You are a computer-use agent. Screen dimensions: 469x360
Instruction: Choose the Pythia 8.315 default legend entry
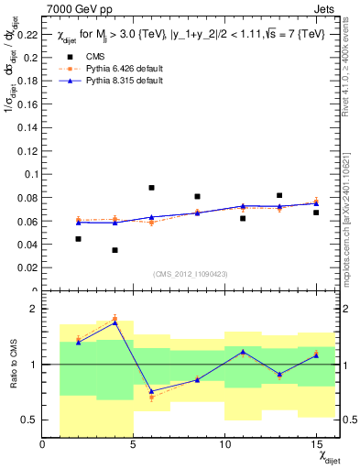pyautogui.click(x=110, y=81)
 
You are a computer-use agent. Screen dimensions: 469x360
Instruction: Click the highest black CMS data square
pyautogui.click(x=151, y=188)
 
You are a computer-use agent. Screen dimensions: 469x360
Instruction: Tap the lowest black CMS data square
pyautogui.click(x=115, y=250)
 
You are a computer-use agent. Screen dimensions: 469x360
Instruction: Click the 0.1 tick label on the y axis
pyautogui.click(x=28, y=174)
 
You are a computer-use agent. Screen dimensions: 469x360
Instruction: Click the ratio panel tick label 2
pyautogui.click(x=33, y=309)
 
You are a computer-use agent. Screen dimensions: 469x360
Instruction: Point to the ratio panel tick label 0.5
pyautogui.click(x=29, y=420)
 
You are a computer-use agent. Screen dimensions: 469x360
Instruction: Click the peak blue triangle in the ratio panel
pyautogui.click(x=115, y=322)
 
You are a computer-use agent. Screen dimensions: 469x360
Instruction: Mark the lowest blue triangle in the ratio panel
pyautogui.click(x=151, y=391)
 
